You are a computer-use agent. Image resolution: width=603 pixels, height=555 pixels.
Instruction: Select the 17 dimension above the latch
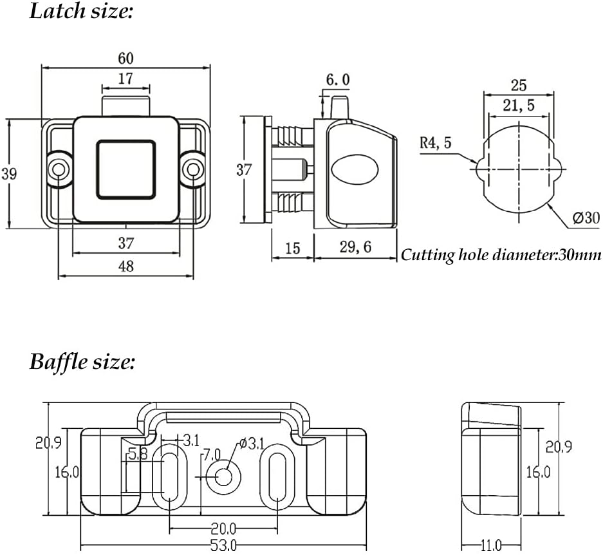pos(125,79)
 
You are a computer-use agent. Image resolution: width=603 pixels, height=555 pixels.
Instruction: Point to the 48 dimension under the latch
pos(126,266)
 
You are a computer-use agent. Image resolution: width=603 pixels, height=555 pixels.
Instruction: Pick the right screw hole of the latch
pos(191,169)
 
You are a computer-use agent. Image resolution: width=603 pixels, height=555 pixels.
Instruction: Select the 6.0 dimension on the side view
pos(338,80)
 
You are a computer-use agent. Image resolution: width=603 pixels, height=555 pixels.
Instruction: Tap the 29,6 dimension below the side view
pos(355,247)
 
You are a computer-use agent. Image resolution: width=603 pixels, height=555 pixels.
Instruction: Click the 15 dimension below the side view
pos(292,247)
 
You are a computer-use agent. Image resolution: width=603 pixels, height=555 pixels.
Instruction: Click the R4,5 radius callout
pos(436,142)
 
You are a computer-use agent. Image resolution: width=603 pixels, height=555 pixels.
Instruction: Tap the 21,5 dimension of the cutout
pos(519,106)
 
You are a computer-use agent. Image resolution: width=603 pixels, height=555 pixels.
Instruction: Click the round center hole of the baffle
pos(225,476)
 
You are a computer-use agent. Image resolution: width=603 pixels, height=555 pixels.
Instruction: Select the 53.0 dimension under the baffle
pos(223,545)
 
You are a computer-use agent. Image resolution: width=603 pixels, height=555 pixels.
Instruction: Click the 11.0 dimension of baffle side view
pos(491,545)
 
